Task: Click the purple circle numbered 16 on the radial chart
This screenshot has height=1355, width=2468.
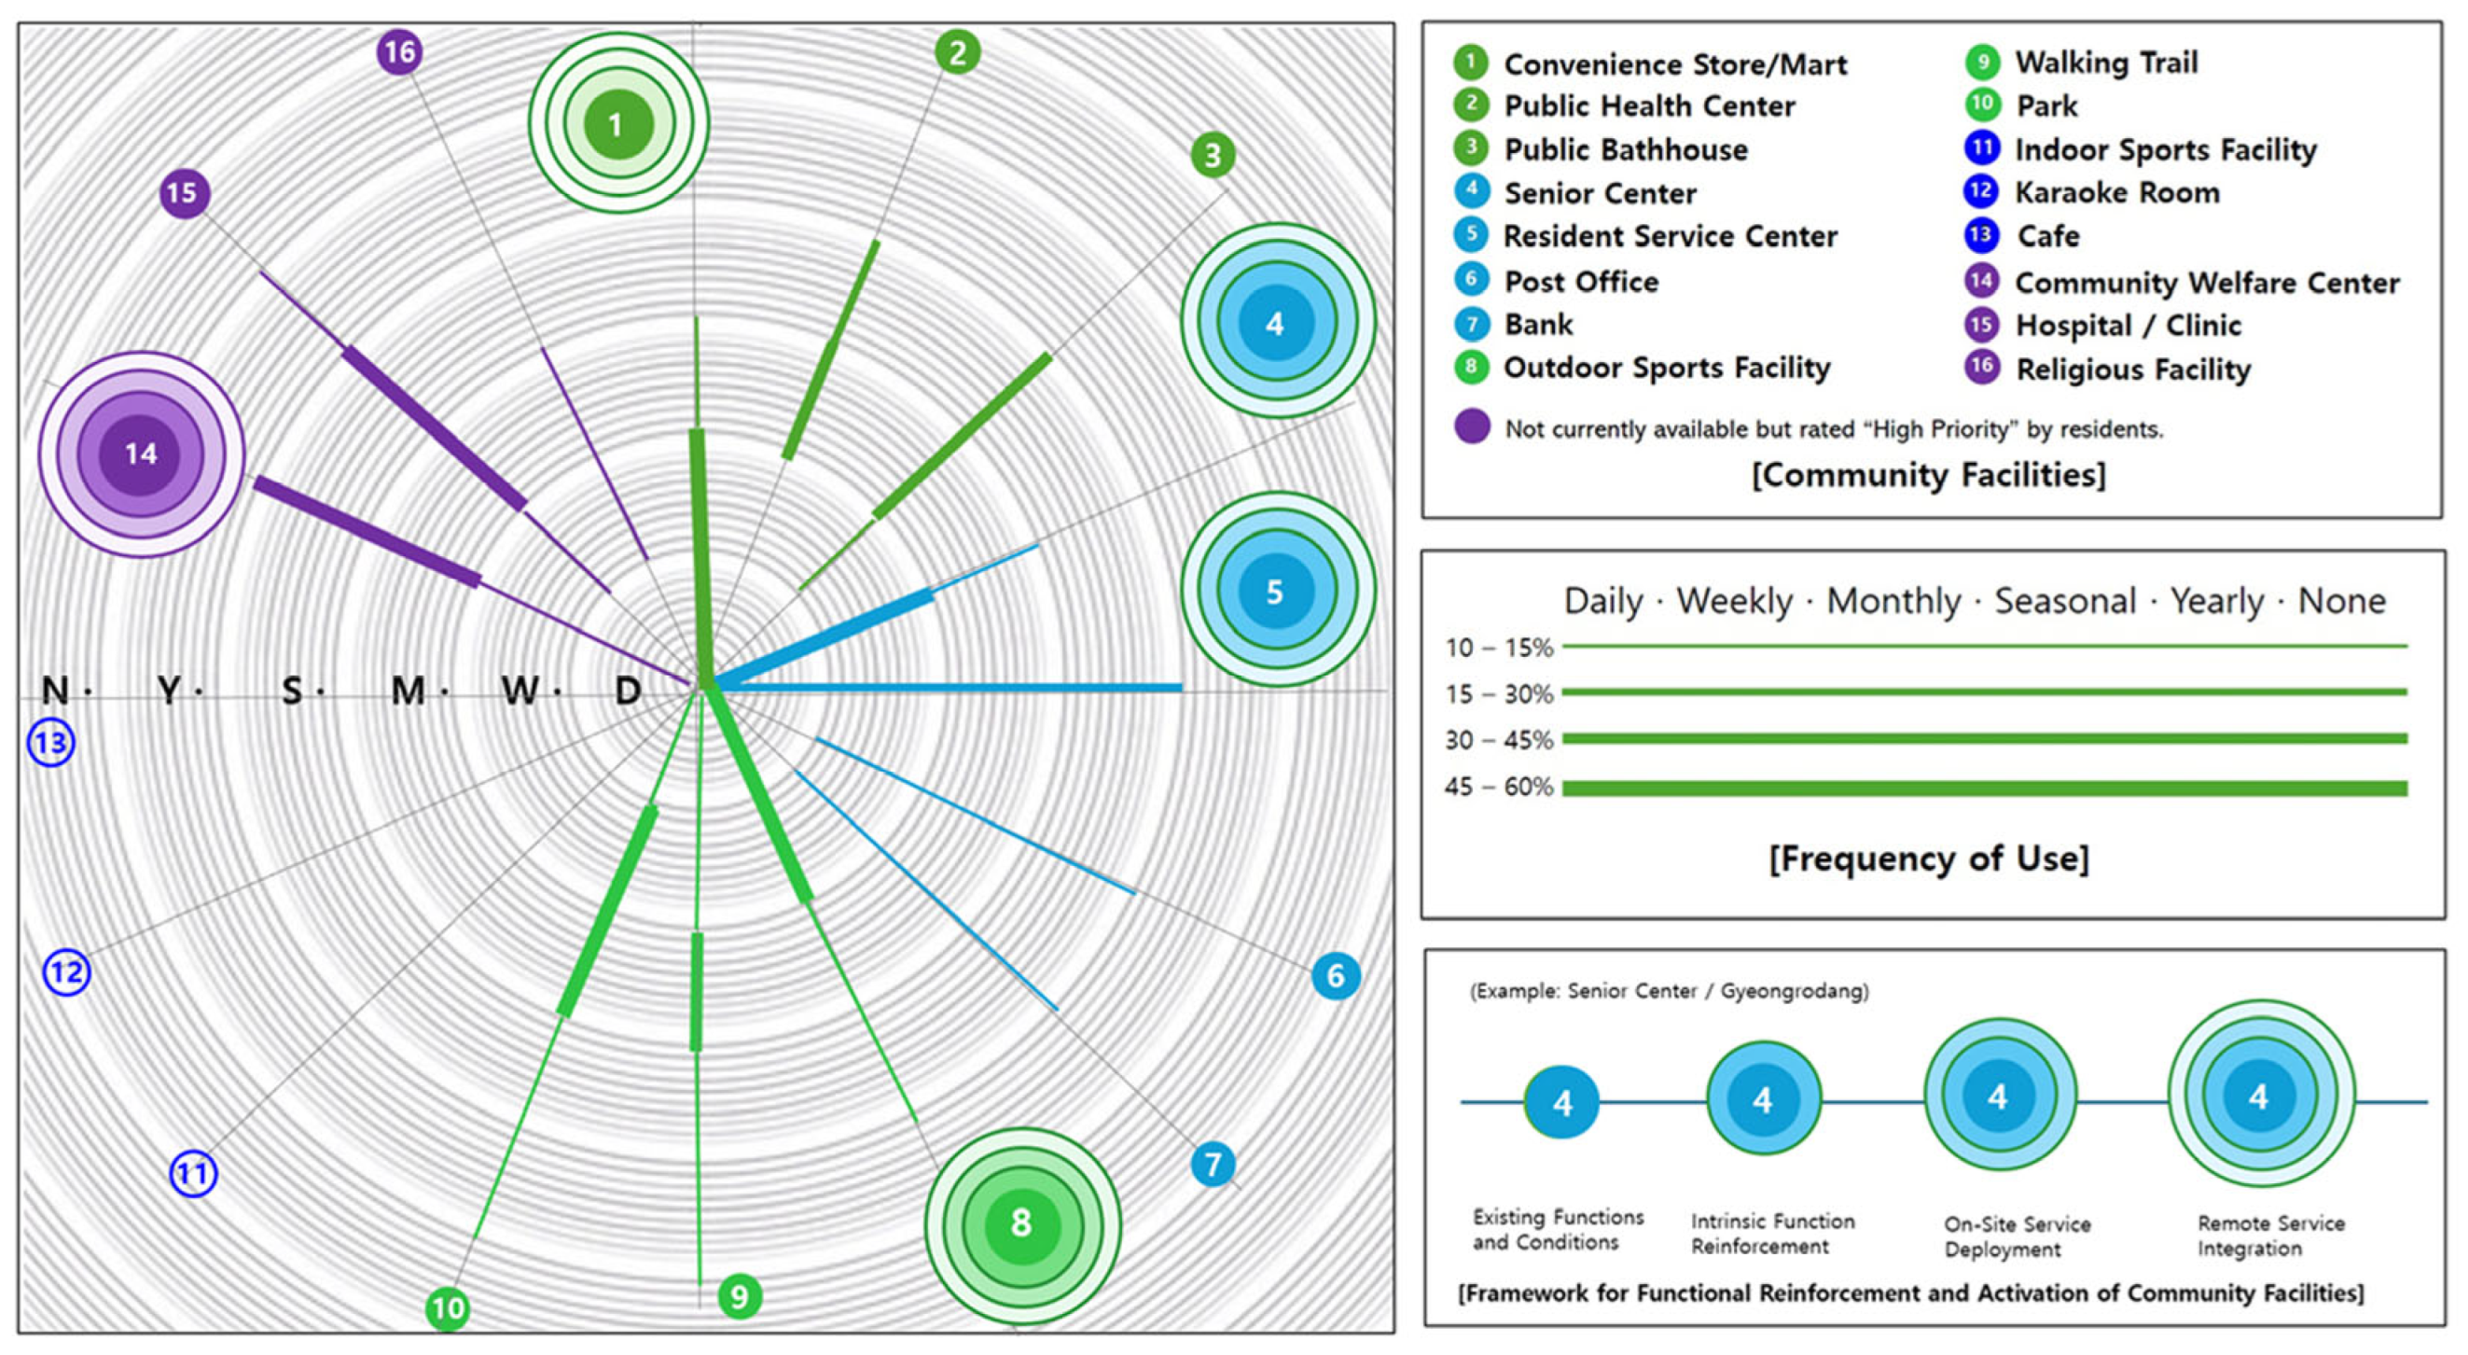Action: (x=399, y=51)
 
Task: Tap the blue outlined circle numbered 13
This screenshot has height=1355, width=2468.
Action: (x=50, y=743)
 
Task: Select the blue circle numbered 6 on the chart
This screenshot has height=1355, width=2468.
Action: (x=1336, y=975)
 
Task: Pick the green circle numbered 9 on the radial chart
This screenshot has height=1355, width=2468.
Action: (x=739, y=1296)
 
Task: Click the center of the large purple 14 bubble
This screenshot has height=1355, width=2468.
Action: (x=141, y=454)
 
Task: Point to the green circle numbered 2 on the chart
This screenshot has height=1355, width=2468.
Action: (x=957, y=51)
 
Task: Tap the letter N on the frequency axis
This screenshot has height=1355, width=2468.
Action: (x=56, y=690)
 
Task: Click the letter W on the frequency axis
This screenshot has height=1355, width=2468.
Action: (x=520, y=690)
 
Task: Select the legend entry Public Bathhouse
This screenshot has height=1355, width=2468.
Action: (x=1625, y=149)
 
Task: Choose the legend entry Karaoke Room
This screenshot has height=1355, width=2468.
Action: (x=2116, y=192)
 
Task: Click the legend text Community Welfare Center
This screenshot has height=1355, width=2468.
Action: (x=2207, y=283)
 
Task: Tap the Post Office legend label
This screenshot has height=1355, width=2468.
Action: (x=1581, y=281)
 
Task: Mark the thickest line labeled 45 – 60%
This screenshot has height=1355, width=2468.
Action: (x=1983, y=789)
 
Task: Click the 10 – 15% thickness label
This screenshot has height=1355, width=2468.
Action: (x=1498, y=648)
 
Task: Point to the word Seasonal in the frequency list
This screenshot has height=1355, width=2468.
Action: (x=2065, y=601)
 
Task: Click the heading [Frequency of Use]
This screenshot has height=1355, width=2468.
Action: (x=1928, y=859)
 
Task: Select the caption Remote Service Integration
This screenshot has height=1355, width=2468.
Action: (x=2269, y=1236)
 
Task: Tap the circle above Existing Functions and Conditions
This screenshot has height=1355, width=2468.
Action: (x=1561, y=1102)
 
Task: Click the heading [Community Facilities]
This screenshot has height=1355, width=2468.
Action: (x=1928, y=475)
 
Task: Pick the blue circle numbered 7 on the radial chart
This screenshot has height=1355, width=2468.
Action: (x=1213, y=1165)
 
